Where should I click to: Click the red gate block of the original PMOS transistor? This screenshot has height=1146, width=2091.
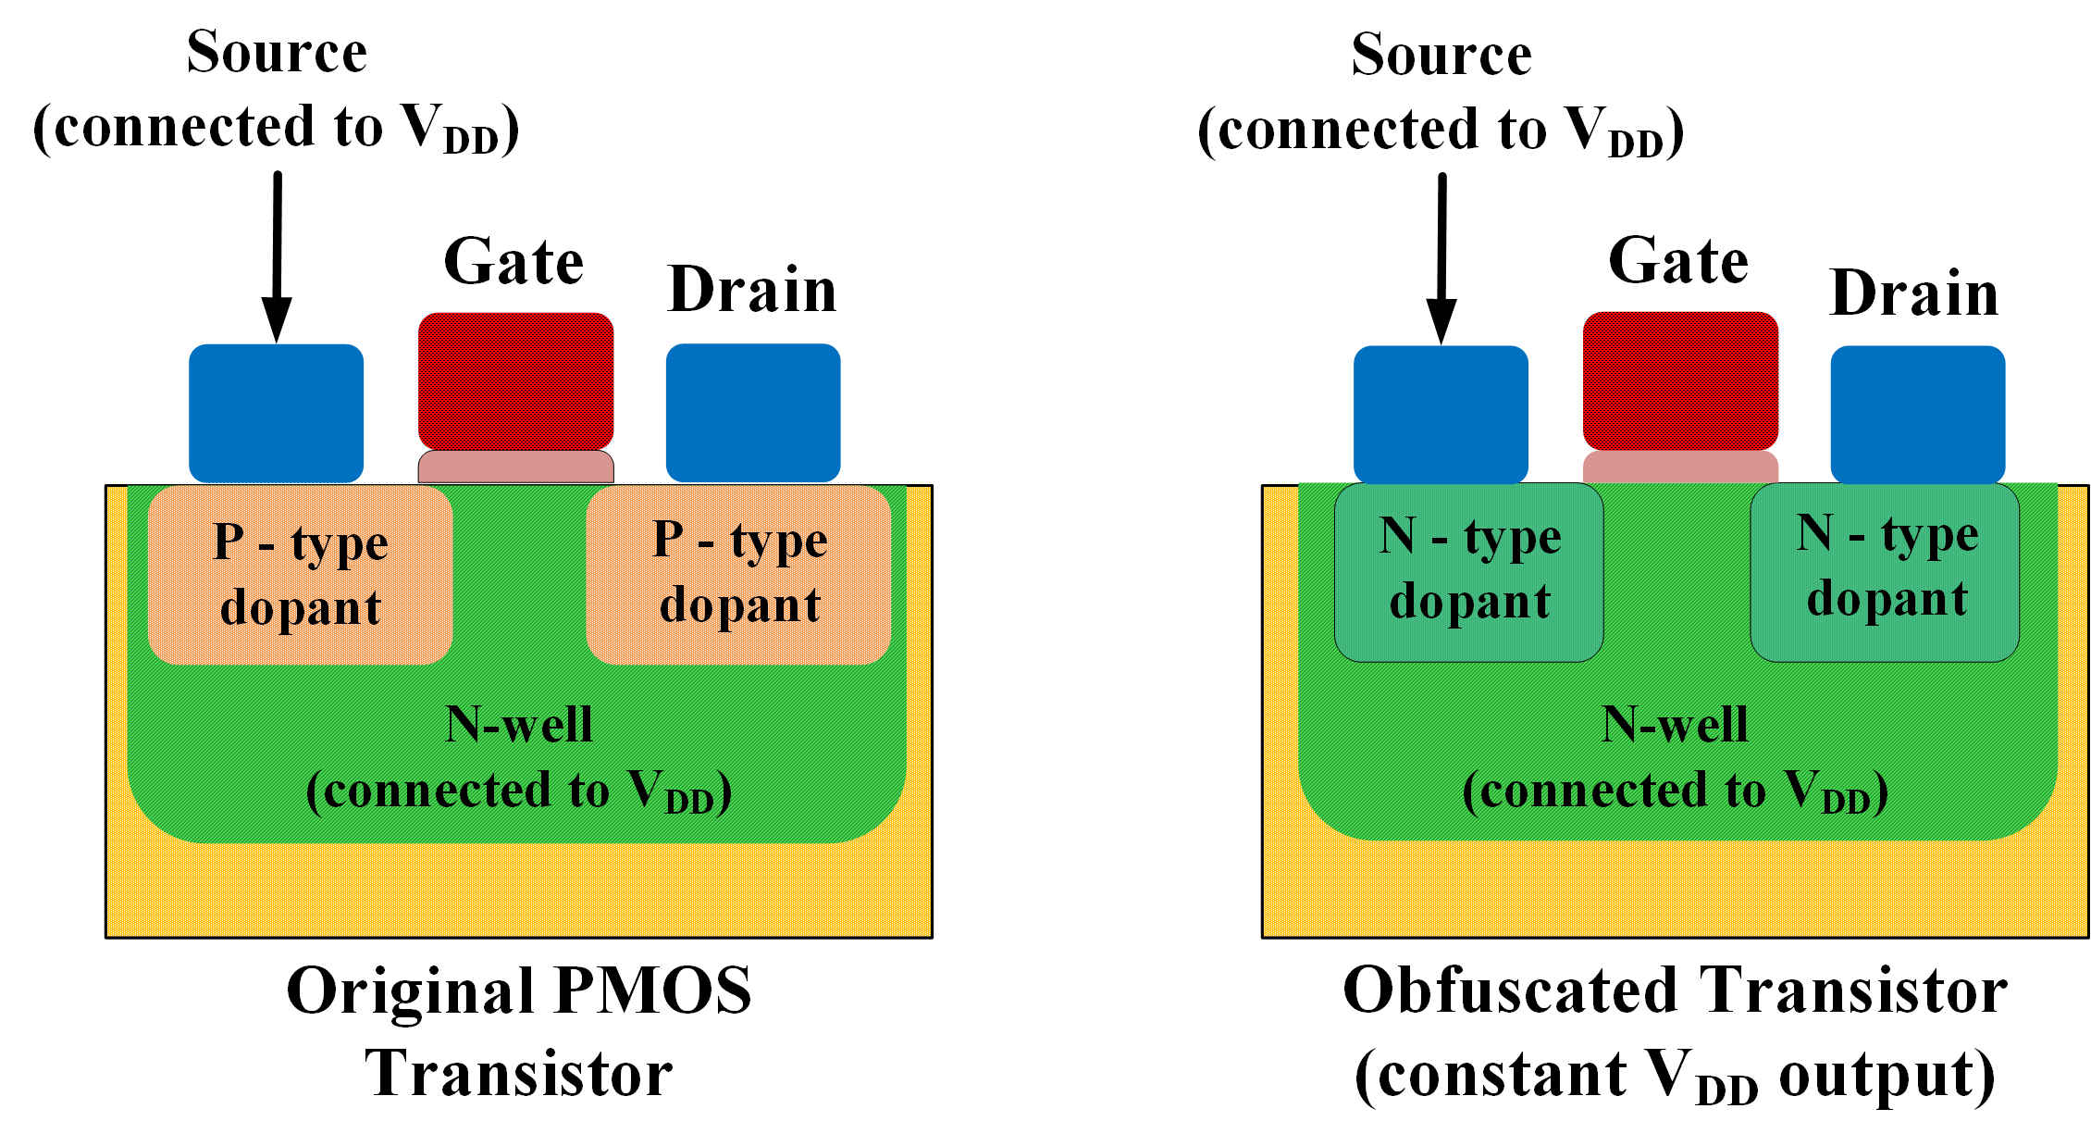pyautogui.click(x=515, y=380)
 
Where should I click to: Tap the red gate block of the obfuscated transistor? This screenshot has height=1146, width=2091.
pyautogui.click(x=1680, y=380)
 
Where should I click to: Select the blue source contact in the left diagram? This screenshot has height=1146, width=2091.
pyautogui.click(x=276, y=413)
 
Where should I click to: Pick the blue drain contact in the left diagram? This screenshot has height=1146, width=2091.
pyautogui.click(x=753, y=413)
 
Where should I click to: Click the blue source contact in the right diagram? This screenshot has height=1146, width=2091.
pyautogui.click(x=1441, y=414)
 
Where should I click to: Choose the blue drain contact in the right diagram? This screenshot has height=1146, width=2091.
pyautogui.click(x=1918, y=414)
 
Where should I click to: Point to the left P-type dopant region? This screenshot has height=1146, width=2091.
pyautogui.click(x=300, y=575)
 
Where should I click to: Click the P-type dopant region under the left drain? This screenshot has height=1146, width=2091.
pyautogui.click(x=738, y=575)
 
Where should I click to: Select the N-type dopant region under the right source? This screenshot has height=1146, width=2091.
pyautogui.click(x=1468, y=572)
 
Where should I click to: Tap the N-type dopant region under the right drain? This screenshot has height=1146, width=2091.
pyautogui.click(x=1885, y=572)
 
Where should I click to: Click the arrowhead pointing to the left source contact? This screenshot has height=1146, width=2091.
pyautogui.click(x=276, y=320)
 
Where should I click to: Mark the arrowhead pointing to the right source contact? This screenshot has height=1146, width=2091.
pyautogui.click(x=1441, y=322)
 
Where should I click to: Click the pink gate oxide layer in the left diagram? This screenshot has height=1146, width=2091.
pyautogui.click(x=515, y=467)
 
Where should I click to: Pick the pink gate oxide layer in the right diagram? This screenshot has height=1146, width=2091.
pyautogui.click(x=1680, y=467)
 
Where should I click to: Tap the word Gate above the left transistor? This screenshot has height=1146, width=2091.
pyautogui.click(x=513, y=262)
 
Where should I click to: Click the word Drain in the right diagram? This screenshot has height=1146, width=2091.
pyautogui.click(x=1913, y=293)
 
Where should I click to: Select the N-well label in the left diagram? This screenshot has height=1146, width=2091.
pyautogui.click(x=518, y=725)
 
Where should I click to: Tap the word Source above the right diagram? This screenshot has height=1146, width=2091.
pyautogui.click(x=1441, y=55)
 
